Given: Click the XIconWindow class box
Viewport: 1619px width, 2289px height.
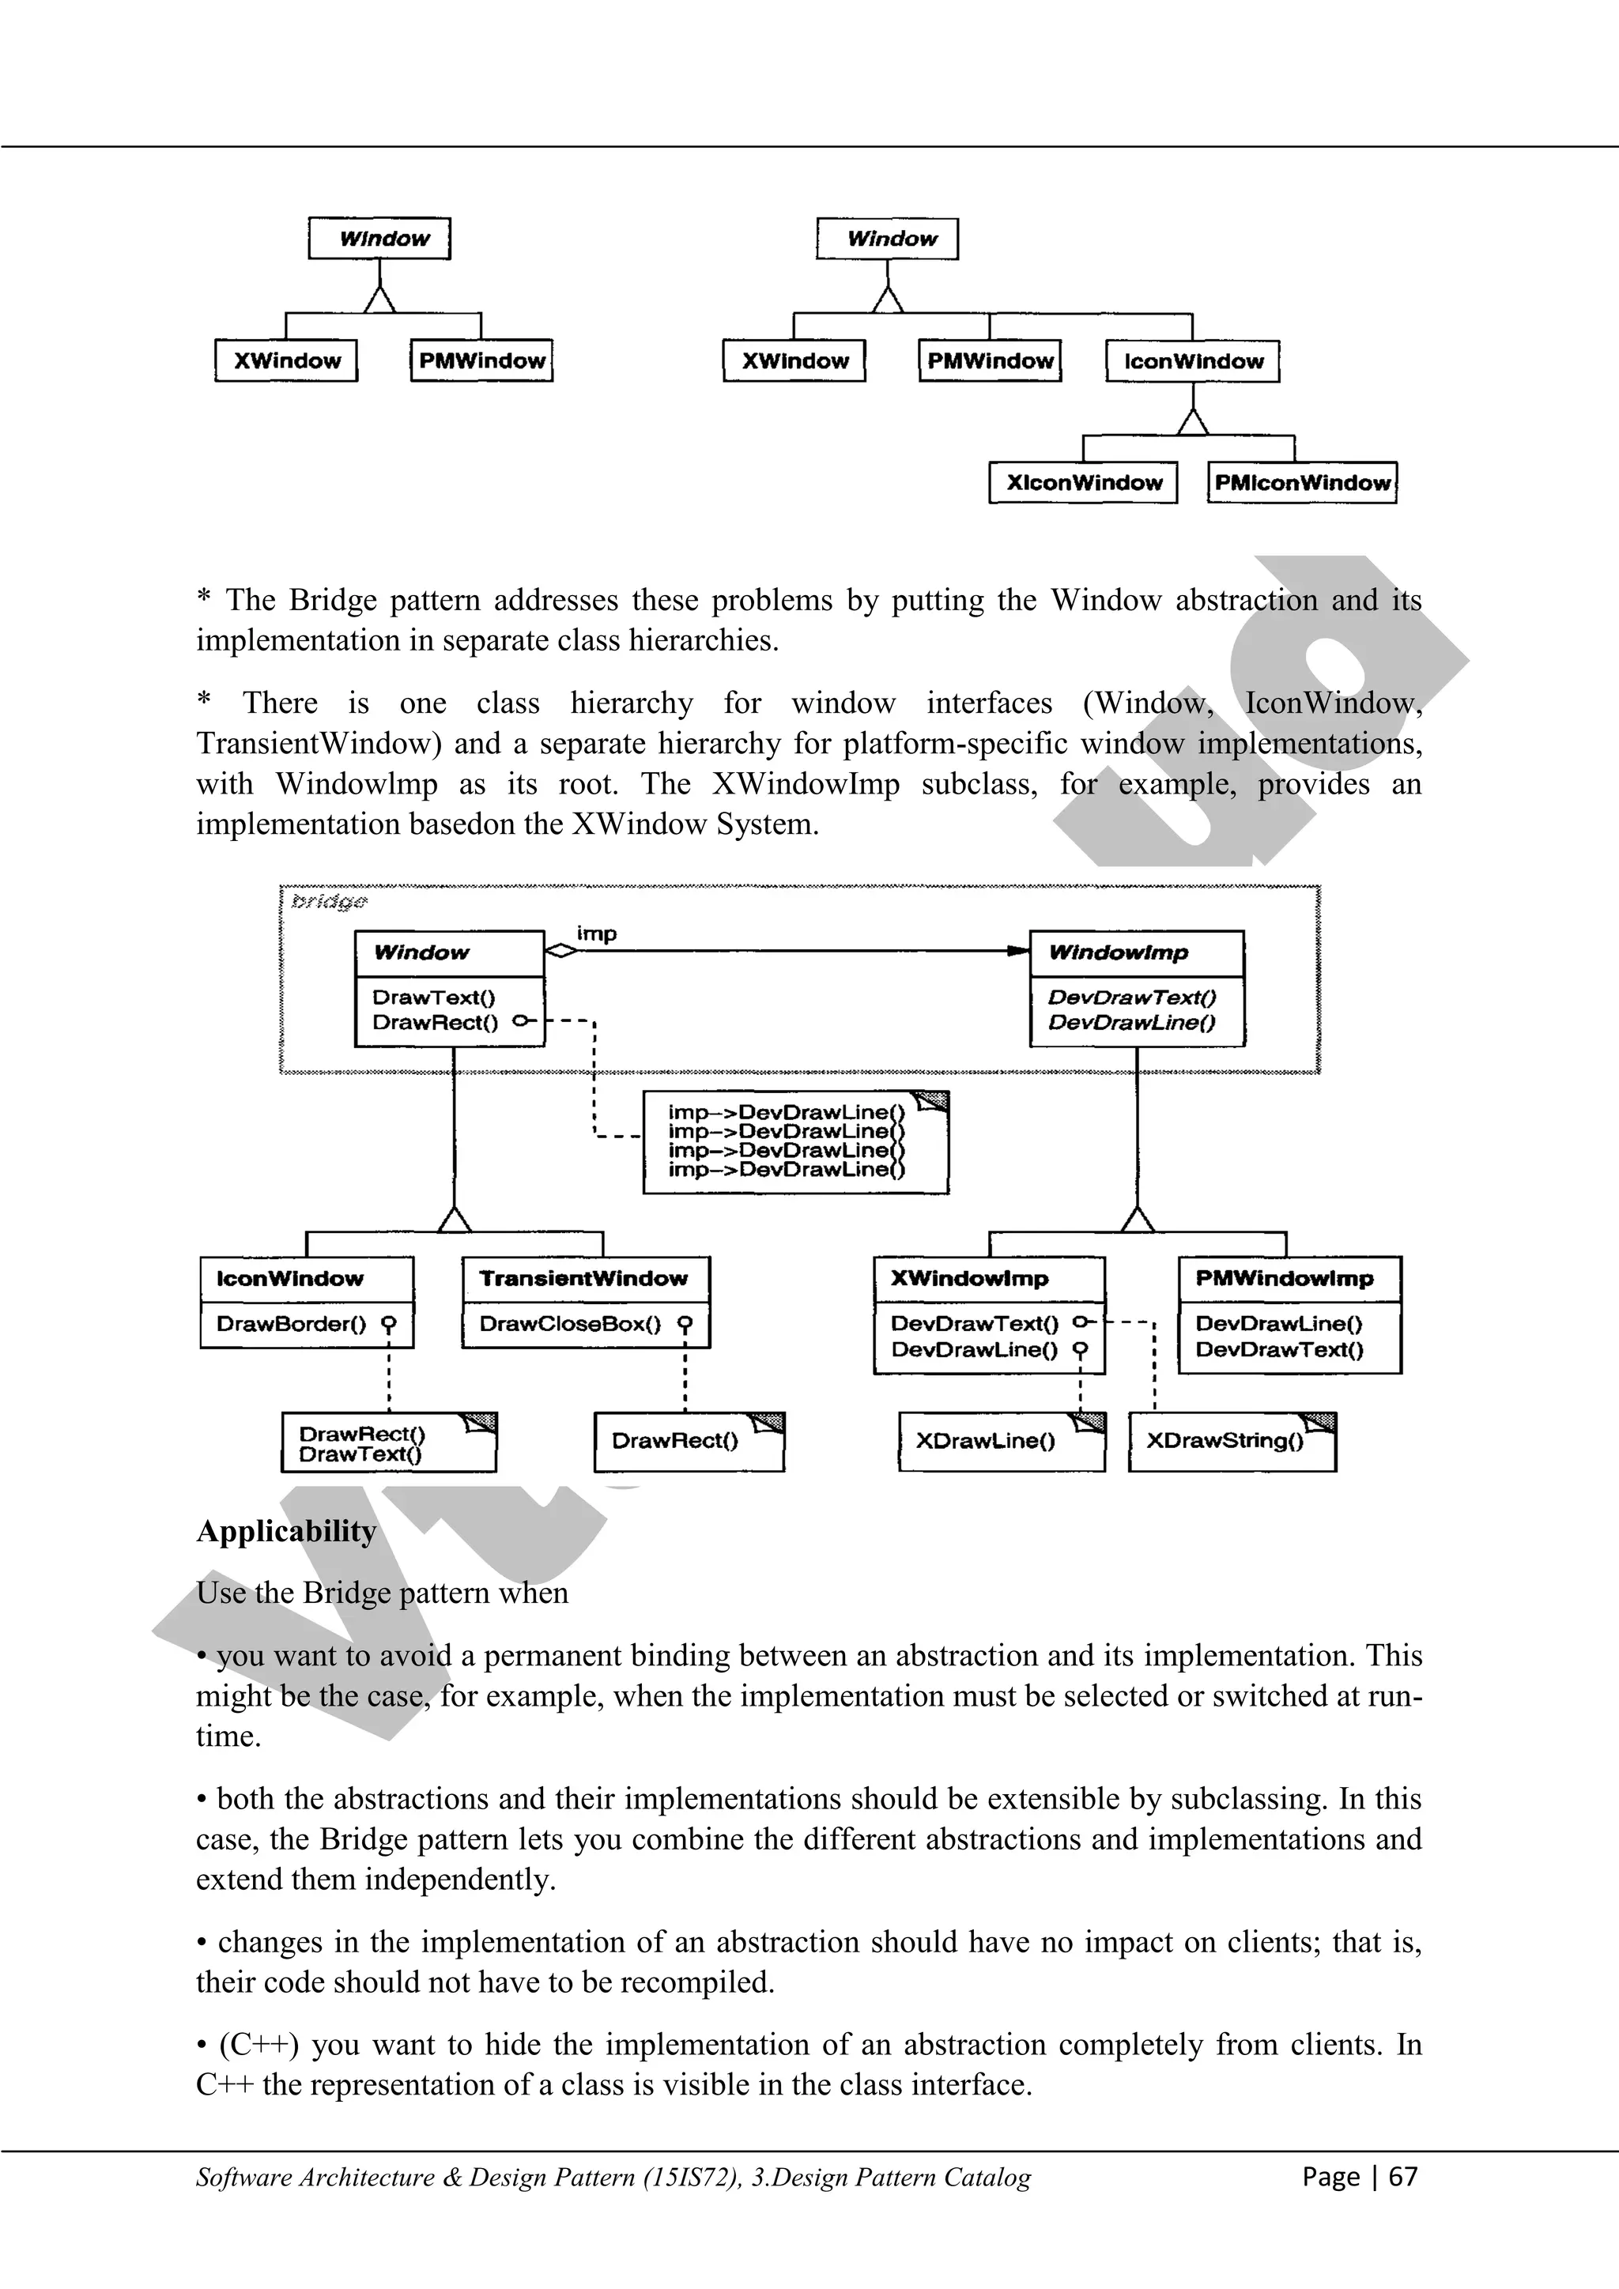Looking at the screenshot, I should tap(1084, 482).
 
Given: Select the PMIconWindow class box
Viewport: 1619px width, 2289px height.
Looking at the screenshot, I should tap(1301, 482).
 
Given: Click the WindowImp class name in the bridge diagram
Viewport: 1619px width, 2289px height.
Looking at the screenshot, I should tap(1119, 953).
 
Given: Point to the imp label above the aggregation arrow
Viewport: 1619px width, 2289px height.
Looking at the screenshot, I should tap(596, 933).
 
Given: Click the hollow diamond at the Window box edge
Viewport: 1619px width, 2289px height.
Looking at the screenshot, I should tap(561, 951).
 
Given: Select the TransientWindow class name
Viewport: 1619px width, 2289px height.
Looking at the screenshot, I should tap(583, 1279).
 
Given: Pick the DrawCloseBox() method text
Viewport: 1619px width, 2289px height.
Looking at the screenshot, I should tap(569, 1324).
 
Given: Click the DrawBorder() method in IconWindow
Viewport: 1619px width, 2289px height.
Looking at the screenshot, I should tap(291, 1324).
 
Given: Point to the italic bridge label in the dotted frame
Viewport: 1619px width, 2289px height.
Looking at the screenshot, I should tap(329, 901).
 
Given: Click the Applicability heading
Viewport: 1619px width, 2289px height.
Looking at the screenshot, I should tap(286, 1531).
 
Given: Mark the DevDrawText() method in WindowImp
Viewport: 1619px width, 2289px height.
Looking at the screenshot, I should tap(1131, 997).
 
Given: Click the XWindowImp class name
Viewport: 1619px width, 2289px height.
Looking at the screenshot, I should tap(969, 1279).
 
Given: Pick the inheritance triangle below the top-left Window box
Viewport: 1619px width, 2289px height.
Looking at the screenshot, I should tap(379, 298).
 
